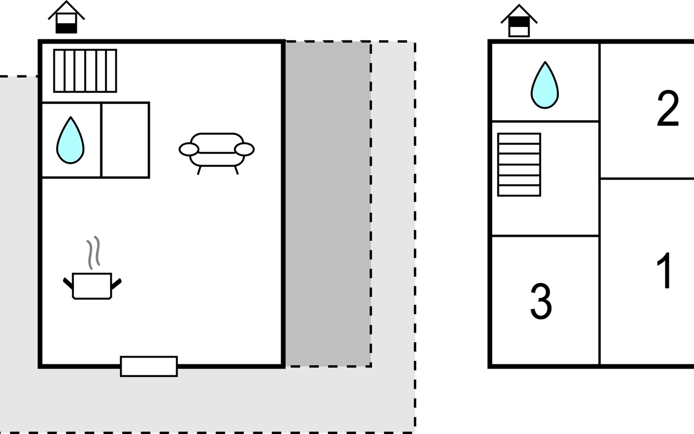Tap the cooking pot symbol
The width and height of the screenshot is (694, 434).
(92, 286)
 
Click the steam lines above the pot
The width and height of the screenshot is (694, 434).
(93, 252)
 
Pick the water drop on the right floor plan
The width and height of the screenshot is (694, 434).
(545, 85)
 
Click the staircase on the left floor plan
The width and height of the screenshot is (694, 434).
(85, 71)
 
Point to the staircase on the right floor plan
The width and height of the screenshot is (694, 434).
(519, 165)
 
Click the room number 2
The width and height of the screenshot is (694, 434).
(668, 109)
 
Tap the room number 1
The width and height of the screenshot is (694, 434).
(664, 271)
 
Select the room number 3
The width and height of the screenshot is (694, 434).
(541, 301)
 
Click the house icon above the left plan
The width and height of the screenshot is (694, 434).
(66, 17)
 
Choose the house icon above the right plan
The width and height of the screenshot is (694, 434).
(519, 21)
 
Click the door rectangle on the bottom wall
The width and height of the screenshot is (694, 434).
(149, 366)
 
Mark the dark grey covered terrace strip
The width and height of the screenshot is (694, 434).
(327, 204)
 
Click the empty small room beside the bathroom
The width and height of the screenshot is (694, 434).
(125, 140)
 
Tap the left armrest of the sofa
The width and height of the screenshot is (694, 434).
(189, 149)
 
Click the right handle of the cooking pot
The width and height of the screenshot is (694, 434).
(116, 284)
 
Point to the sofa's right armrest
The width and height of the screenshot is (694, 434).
(244, 149)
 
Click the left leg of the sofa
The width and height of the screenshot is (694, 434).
(199, 170)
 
